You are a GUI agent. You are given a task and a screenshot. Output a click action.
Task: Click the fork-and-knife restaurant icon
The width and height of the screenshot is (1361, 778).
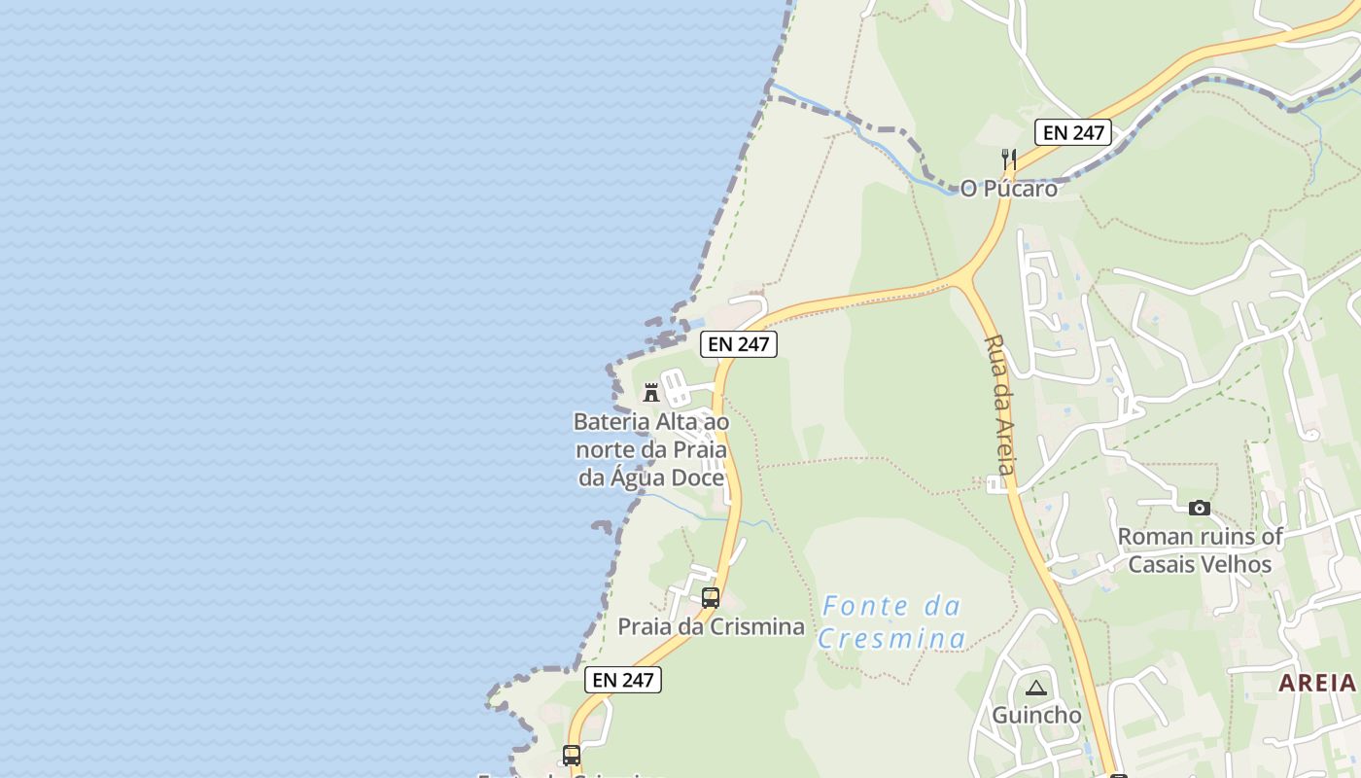pyautogui.click(x=1009, y=159)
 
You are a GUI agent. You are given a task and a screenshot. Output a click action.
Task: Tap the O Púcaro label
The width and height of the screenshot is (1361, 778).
pyautogui.click(x=1008, y=189)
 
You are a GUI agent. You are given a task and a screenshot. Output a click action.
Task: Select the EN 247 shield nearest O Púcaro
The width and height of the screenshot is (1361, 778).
pyautogui.click(x=1072, y=132)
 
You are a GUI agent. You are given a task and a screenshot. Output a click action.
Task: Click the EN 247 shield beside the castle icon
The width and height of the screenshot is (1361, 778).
pyautogui.click(x=739, y=343)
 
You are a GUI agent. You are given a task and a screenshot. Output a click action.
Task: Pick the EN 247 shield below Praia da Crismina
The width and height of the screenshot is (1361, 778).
pyautogui.click(x=623, y=680)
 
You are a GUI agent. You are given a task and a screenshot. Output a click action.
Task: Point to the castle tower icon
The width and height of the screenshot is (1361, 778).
pyautogui.click(x=651, y=393)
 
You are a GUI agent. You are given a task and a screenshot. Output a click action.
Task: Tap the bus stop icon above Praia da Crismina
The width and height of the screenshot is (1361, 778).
pyautogui.click(x=711, y=598)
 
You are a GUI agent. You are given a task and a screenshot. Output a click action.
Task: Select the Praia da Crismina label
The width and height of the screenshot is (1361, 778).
pyautogui.click(x=711, y=627)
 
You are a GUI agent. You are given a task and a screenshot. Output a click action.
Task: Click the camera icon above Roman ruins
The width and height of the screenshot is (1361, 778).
pyautogui.click(x=1200, y=508)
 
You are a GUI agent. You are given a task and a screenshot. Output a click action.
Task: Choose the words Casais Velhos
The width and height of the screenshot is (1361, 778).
pyautogui.click(x=1200, y=564)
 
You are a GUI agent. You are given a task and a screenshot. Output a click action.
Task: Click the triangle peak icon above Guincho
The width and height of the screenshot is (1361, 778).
pyautogui.click(x=1036, y=689)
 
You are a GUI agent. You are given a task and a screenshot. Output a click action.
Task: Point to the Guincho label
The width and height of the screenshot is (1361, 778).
pyautogui.click(x=1036, y=716)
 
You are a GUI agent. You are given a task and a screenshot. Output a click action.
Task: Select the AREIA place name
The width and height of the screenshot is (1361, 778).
pyautogui.click(x=1316, y=683)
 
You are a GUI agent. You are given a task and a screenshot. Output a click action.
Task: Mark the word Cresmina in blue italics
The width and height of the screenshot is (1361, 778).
pyautogui.click(x=891, y=639)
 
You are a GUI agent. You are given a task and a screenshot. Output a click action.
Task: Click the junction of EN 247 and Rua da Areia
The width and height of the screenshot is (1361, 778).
pyautogui.click(x=962, y=281)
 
